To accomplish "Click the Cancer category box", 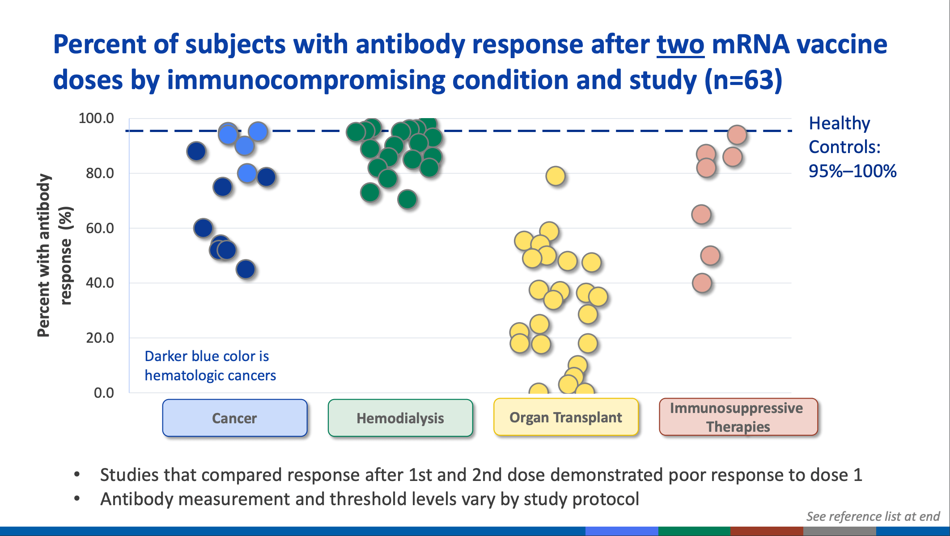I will [234, 418].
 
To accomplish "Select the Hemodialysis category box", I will [400, 418].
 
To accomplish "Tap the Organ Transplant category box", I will [565, 417].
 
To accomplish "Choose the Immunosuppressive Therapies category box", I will [738, 417].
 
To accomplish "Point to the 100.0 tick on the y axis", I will [96, 119].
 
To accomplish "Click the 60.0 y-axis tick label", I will [100, 228].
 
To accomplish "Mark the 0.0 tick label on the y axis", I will [104, 393].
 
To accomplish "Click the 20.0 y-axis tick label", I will [100, 338].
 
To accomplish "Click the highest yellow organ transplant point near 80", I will [555, 176].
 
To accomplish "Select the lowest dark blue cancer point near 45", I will [246, 269].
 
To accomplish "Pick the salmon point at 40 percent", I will [702, 283].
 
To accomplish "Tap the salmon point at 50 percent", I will [710, 256].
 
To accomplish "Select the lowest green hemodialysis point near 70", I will [407, 199].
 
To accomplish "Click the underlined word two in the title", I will [680, 45].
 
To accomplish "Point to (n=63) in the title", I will [743, 81].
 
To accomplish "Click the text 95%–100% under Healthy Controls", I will [852, 171].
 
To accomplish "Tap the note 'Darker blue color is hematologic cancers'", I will [210, 366].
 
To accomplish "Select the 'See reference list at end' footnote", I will [873, 516].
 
